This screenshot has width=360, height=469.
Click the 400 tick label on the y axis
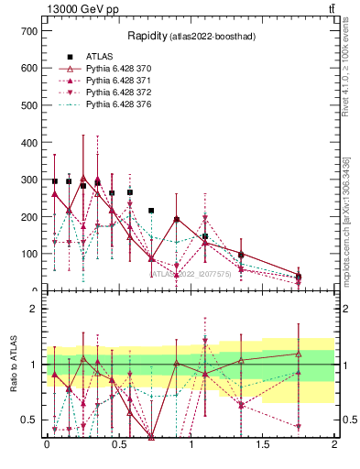[27, 142]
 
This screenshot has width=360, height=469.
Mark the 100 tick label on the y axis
[27, 254]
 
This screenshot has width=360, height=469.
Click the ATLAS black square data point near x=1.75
[299, 276]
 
